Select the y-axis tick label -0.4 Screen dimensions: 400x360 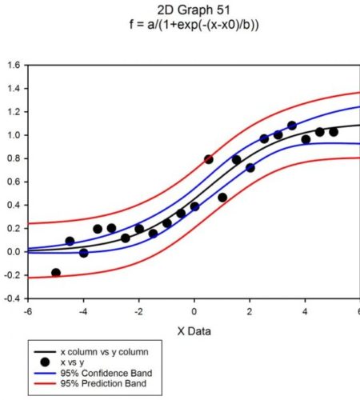click(x=14, y=298)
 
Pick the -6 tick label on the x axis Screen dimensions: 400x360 click(x=28, y=311)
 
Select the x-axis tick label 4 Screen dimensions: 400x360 click(x=305, y=311)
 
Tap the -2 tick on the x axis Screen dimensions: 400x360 click(x=138, y=311)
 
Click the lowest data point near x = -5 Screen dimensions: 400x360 click(x=56, y=273)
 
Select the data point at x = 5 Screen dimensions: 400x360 click(x=333, y=131)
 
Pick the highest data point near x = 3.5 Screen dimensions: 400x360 click(x=291, y=126)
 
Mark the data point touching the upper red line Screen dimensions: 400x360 click(x=209, y=159)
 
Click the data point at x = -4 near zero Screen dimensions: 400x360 click(x=83, y=253)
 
